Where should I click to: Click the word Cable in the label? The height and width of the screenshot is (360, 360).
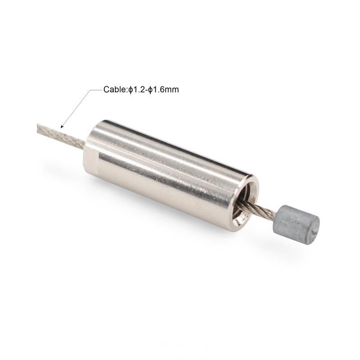(x=115, y=89)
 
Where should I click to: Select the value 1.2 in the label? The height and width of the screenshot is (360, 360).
(x=138, y=89)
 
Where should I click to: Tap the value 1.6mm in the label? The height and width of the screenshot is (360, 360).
(x=166, y=89)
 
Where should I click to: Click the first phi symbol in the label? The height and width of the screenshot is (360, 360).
(x=130, y=90)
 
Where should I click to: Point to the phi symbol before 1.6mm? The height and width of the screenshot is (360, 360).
(x=150, y=90)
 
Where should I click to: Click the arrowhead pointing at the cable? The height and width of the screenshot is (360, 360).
(x=62, y=126)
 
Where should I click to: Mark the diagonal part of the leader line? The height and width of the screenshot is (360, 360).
(x=75, y=108)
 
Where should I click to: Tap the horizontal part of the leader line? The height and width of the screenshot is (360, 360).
(x=96, y=90)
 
